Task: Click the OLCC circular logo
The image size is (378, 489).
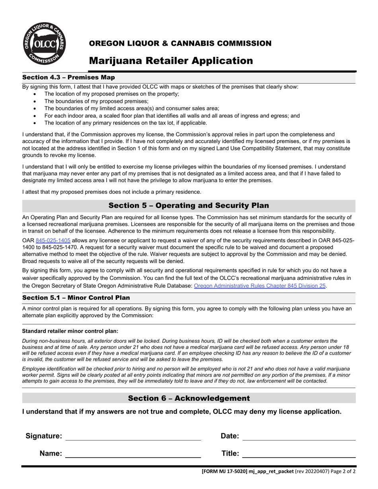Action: click(x=43, y=43)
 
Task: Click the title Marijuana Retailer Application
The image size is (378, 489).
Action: click(x=171, y=61)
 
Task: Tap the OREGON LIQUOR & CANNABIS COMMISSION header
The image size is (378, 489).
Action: click(x=180, y=43)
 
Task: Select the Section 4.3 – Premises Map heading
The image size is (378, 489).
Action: click(x=68, y=77)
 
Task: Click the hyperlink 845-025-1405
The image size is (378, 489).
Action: click(x=53, y=241)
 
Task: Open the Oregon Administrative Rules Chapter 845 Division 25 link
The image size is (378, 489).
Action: click(x=260, y=286)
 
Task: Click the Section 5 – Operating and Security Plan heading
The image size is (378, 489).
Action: click(x=189, y=206)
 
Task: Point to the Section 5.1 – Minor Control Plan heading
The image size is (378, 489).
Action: click(x=76, y=298)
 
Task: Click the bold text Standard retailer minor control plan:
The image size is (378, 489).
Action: click(x=70, y=331)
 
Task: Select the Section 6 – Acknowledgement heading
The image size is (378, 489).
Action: click(x=189, y=398)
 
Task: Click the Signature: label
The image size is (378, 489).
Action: click(x=44, y=436)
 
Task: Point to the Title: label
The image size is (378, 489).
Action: click(x=230, y=453)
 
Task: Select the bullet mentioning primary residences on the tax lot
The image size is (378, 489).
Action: click(x=125, y=123)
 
